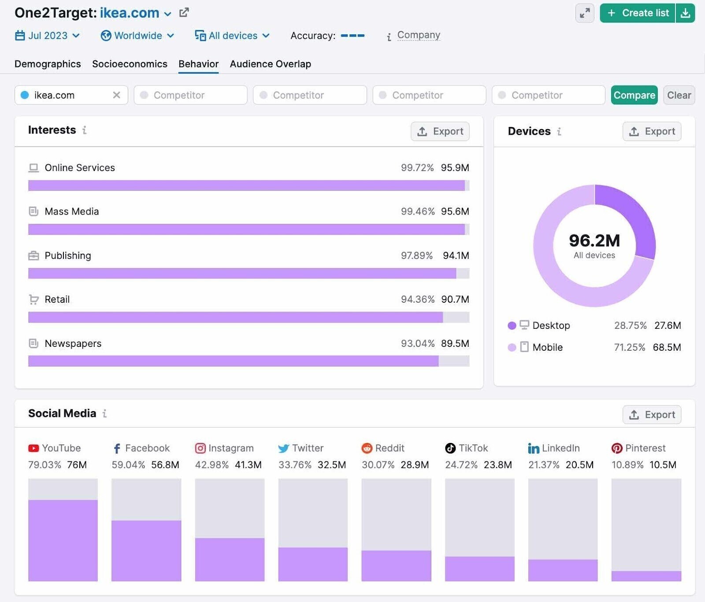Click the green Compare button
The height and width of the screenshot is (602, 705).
click(634, 95)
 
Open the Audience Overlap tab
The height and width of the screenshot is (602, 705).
click(270, 64)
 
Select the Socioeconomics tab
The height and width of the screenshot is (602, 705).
click(130, 64)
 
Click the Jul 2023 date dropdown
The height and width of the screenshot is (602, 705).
click(48, 36)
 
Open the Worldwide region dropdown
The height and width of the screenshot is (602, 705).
click(137, 36)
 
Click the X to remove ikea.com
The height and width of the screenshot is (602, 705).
click(116, 95)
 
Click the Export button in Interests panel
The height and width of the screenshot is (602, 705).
click(440, 131)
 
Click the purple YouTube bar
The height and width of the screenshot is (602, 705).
click(63, 540)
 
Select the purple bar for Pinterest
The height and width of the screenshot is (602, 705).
click(646, 576)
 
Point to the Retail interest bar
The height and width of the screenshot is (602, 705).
click(235, 317)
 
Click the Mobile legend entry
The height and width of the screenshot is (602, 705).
click(547, 347)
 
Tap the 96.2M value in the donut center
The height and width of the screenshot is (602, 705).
click(594, 241)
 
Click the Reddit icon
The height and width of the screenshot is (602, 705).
click(367, 448)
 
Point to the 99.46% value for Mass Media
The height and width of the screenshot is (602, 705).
click(417, 212)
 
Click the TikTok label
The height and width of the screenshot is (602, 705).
click(473, 448)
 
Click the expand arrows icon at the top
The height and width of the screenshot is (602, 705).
click(585, 13)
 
